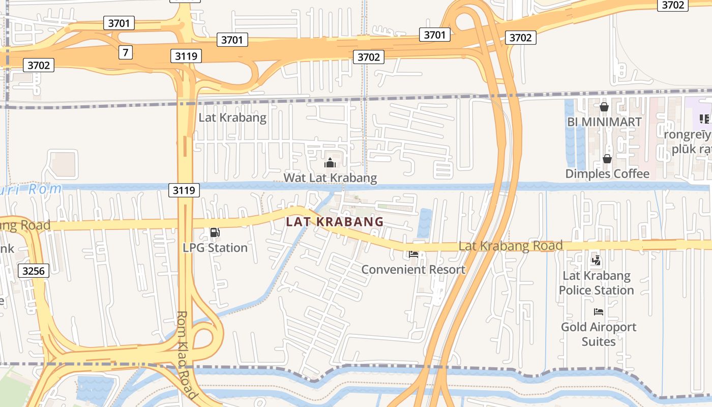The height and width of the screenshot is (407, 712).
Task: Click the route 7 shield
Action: (x=126, y=52)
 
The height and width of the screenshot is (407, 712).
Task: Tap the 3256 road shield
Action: (x=34, y=271)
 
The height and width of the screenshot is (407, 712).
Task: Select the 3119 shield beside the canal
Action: (x=184, y=190)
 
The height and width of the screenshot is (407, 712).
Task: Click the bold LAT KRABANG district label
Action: (x=335, y=222)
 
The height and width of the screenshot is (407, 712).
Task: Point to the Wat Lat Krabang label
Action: (x=330, y=178)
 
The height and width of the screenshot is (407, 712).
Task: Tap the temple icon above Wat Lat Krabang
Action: (x=330, y=163)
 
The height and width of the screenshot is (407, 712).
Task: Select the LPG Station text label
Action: (x=215, y=248)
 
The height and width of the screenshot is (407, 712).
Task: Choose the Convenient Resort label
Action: (x=413, y=269)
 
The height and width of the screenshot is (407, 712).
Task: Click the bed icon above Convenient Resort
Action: (x=413, y=254)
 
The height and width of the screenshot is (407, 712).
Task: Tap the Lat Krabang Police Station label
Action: (x=596, y=283)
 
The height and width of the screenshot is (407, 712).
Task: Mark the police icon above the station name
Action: (x=596, y=261)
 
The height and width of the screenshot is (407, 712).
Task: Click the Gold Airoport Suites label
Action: (x=599, y=334)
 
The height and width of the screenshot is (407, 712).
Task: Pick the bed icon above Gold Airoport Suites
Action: (x=599, y=311)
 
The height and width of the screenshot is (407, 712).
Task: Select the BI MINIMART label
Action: (x=604, y=122)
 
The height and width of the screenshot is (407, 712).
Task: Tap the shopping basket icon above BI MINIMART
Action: (x=604, y=107)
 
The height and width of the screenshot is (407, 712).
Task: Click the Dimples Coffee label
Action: (x=607, y=173)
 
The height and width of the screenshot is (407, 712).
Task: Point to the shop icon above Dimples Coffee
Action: (x=607, y=159)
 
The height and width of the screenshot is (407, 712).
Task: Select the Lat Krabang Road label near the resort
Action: (x=511, y=246)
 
